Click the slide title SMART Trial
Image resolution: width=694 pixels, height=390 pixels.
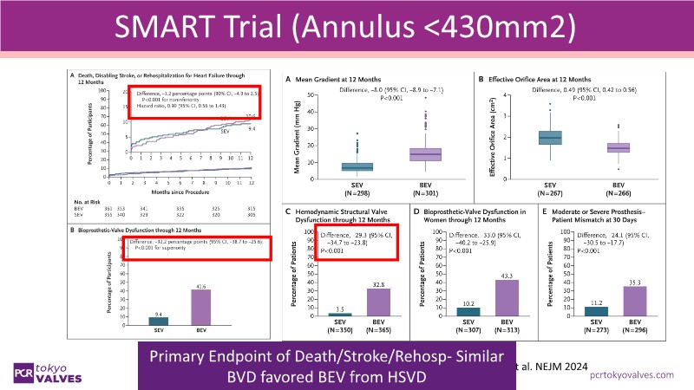pyautogui.click(x=346, y=33)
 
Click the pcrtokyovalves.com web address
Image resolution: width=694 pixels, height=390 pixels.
pyautogui.click(x=631, y=375)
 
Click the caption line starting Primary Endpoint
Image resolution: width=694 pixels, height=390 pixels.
pyautogui.click(x=299, y=358)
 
